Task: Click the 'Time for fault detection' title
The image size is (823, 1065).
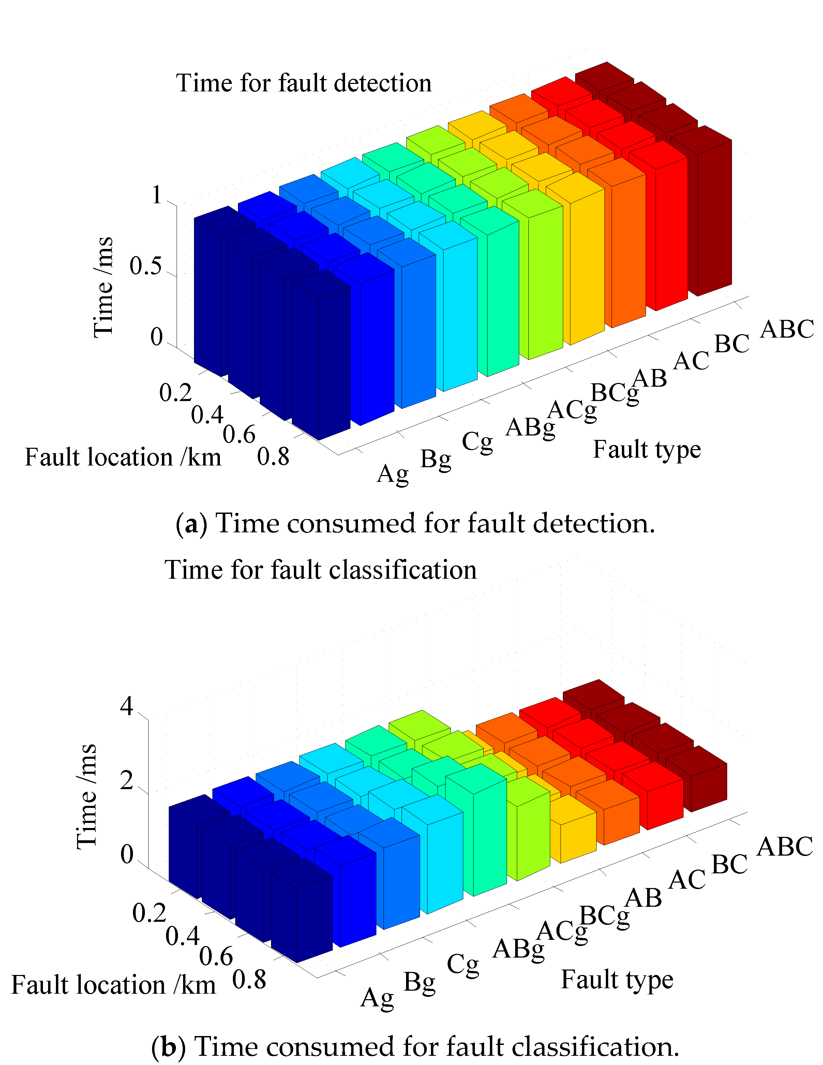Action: pos(303,83)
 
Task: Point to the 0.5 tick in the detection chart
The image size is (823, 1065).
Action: pos(145,266)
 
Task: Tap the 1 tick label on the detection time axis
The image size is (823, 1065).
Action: pos(156,195)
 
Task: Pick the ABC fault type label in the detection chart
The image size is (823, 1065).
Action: pos(787,329)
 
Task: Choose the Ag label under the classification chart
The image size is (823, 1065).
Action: pos(377,998)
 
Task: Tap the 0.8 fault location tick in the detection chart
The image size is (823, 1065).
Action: pos(273,457)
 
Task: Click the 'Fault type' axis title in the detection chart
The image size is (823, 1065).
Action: pos(646,449)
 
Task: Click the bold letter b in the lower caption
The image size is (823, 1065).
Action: pos(168,1047)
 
